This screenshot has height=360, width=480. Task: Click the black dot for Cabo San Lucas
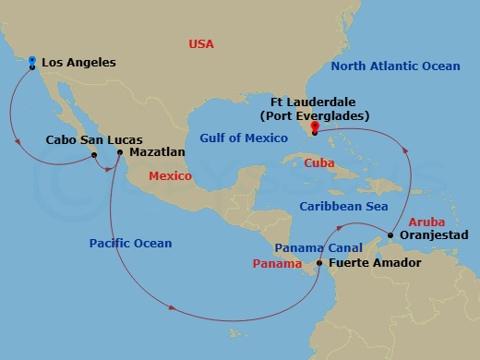pyautogui.click(x=94, y=155)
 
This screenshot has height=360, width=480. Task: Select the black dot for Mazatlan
pyautogui.click(x=120, y=152)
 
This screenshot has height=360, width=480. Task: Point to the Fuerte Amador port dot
pyautogui.click(x=319, y=263)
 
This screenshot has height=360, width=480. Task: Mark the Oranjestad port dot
pyautogui.click(x=390, y=235)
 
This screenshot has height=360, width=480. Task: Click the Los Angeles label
pyautogui.click(x=78, y=63)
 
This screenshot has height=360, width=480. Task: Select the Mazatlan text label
pyautogui.click(x=158, y=152)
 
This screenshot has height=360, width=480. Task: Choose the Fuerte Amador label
pyautogui.click(x=374, y=264)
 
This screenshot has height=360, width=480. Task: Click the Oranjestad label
pyautogui.click(x=429, y=235)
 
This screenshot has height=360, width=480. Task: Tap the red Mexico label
pyautogui.click(x=170, y=175)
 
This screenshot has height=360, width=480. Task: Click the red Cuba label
pyautogui.click(x=320, y=162)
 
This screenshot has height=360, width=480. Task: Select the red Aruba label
pyautogui.click(x=426, y=222)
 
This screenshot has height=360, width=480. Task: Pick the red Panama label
pyautogui.click(x=277, y=264)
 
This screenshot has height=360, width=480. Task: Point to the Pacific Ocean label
pyautogui.click(x=130, y=244)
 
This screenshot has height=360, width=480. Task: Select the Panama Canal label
pyautogui.click(x=318, y=248)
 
